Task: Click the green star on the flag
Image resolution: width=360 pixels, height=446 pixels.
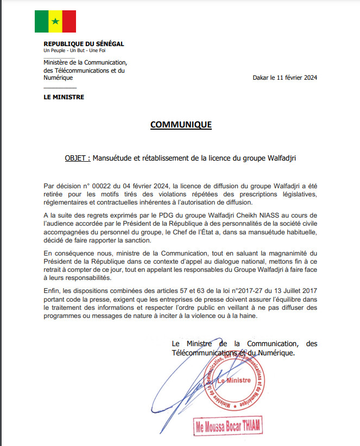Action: point(55,21)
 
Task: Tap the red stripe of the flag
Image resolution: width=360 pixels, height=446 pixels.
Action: point(69,21)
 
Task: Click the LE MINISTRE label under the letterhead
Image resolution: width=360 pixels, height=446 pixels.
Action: point(64,97)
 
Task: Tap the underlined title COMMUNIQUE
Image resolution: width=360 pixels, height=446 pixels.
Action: point(180,125)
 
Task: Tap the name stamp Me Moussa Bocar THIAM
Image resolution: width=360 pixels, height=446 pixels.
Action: point(228,426)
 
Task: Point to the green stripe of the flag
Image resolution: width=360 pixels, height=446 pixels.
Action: point(41,21)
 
